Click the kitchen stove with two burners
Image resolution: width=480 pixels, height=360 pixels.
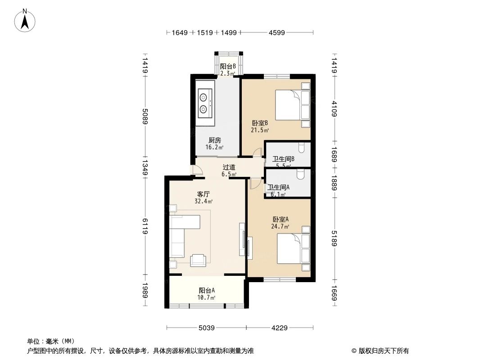pyautogui.click(x=205, y=103)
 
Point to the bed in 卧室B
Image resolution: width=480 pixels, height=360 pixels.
pyautogui.click(x=292, y=105)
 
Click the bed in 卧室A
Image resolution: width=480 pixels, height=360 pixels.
pyautogui.click(x=293, y=248)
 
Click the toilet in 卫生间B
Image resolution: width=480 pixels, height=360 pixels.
pyautogui.click(x=301, y=147)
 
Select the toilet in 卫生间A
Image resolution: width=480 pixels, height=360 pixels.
pyautogui.click(x=300, y=174)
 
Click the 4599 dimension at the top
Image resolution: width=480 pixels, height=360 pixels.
pyautogui.click(x=277, y=32)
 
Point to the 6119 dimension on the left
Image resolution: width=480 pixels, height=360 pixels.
pyautogui.click(x=145, y=225)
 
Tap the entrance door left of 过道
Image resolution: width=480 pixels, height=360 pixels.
pyautogui.click(x=197, y=170)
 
